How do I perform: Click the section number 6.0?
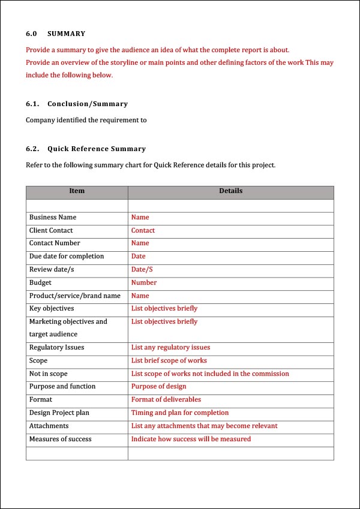31,34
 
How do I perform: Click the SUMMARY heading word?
67,34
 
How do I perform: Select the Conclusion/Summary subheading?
88,104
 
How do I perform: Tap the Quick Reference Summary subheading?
97,149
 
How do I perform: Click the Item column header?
77,191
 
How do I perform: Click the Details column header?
230,191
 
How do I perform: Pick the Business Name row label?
53,218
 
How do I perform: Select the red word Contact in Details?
143,231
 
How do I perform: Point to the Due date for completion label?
67,257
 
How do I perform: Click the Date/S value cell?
142,270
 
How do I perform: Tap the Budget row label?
40,282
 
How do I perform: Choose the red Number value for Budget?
144,282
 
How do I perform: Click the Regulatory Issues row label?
56,348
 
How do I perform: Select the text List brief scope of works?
169,361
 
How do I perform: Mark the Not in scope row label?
49,374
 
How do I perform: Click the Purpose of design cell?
159,387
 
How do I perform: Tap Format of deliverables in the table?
166,400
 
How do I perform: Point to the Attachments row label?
49,426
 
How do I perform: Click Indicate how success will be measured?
191,439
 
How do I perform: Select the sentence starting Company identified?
86,121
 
